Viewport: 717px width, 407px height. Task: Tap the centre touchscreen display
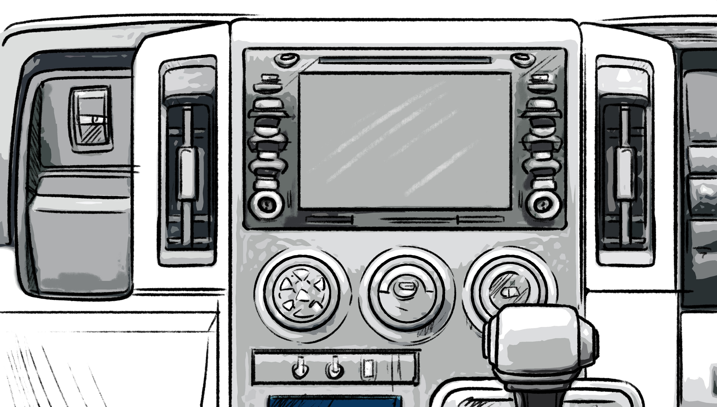coord(406,140)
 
